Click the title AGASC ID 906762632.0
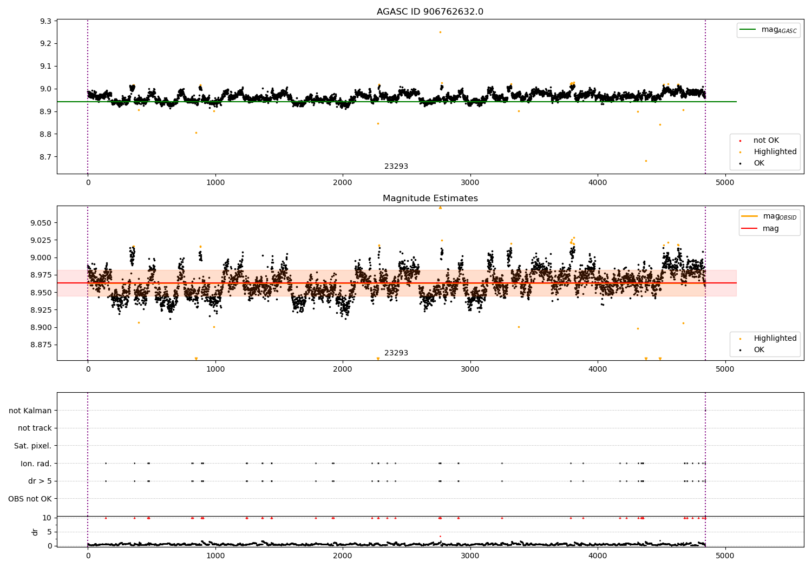430,12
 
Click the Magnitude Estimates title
430,199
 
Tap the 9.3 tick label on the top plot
45,21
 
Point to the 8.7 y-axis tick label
45,157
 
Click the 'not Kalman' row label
30,411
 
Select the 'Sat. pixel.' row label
32,446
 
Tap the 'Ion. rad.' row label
36,464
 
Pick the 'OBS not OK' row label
30,499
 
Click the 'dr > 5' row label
40,481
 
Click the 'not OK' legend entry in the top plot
766,141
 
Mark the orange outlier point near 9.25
440,32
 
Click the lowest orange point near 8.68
646,161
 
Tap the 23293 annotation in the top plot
396,167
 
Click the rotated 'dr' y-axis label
35,532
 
